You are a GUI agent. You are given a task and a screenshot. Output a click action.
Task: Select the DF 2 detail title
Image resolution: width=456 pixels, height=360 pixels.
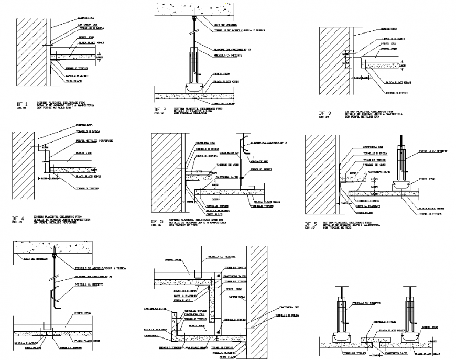(x=161, y=110)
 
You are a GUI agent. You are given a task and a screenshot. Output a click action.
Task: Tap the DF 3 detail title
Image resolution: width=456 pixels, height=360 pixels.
(x=325, y=113)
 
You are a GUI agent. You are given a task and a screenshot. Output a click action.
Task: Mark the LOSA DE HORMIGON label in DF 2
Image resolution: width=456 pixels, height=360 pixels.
(x=226, y=25)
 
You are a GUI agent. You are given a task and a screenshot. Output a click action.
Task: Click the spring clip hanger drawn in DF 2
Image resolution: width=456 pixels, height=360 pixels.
(x=194, y=66)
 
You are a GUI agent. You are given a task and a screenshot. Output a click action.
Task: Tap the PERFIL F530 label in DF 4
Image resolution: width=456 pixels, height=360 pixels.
(x=83, y=154)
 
